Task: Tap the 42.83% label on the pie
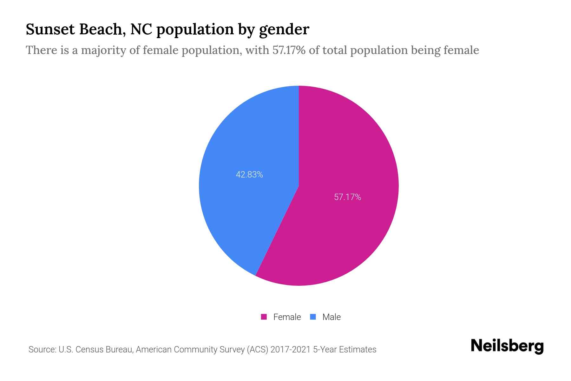coord(249,175)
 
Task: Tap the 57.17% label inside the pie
coord(347,197)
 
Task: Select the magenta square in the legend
coord(264,317)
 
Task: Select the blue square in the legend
coord(313,317)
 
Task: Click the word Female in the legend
coord(287,317)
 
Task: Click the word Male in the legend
coord(331,317)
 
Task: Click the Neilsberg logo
coord(507,346)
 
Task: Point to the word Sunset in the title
coord(50,29)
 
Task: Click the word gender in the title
coord(284,30)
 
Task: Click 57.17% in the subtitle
coord(289,50)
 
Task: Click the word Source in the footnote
coord(41,350)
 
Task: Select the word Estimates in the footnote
coord(358,350)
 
